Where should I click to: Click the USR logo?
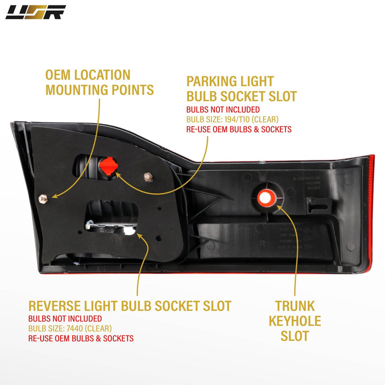(35, 12)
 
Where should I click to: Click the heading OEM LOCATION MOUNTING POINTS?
(99, 82)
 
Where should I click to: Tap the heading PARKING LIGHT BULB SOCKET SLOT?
(241, 89)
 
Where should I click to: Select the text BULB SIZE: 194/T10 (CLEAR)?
(232, 119)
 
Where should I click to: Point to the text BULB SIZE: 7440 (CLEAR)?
(70, 328)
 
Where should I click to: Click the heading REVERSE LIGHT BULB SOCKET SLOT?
(130, 306)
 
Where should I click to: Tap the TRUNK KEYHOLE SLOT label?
(295, 321)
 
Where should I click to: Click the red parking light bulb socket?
(108, 167)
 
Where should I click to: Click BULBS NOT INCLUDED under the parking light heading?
(218, 109)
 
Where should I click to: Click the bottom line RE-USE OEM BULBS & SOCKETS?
(81, 338)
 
